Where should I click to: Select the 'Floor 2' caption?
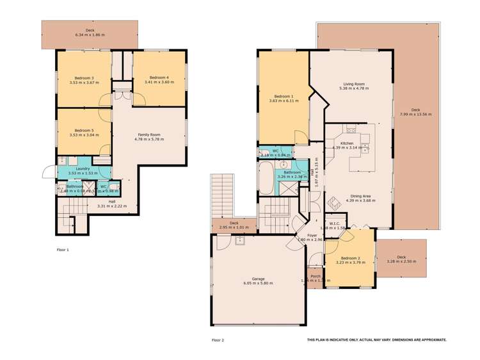pos(218,340)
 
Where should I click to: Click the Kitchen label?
pos(348,143)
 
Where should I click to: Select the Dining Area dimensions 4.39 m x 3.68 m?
pos(359,200)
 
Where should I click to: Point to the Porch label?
pos(315,276)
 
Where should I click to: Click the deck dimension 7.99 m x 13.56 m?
pos(416,114)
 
